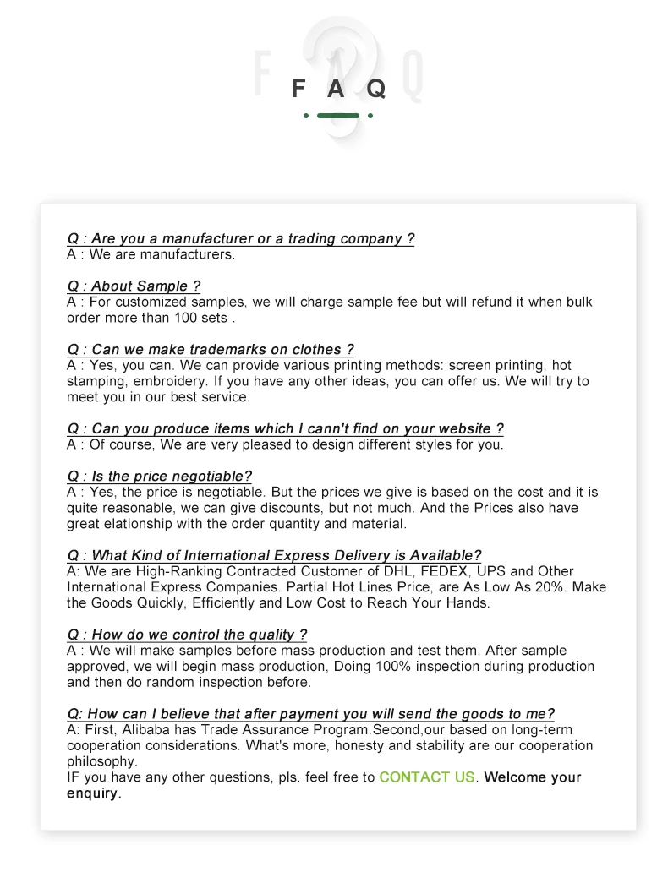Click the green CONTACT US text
tap(427, 777)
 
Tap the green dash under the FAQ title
tap(338, 116)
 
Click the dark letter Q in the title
tap(376, 88)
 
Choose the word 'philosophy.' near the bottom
tap(102, 761)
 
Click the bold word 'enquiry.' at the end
tap(94, 793)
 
